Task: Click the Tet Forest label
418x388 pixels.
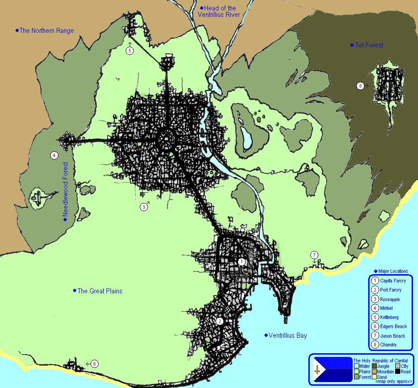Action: pos(369,45)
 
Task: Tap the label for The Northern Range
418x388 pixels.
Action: pos(47,31)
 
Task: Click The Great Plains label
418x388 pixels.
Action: pos(100,291)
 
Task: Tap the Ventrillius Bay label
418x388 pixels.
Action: pos(287,335)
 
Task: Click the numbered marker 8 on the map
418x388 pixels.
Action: pos(360,85)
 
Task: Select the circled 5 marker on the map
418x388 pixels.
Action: pos(130,51)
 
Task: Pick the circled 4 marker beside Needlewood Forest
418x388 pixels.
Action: pos(54,155)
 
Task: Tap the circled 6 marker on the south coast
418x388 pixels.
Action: pos(94,364)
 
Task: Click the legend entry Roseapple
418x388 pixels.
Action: pos(390,299)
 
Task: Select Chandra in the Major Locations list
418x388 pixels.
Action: pos(388,345)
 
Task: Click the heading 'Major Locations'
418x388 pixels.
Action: pos(393,271)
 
